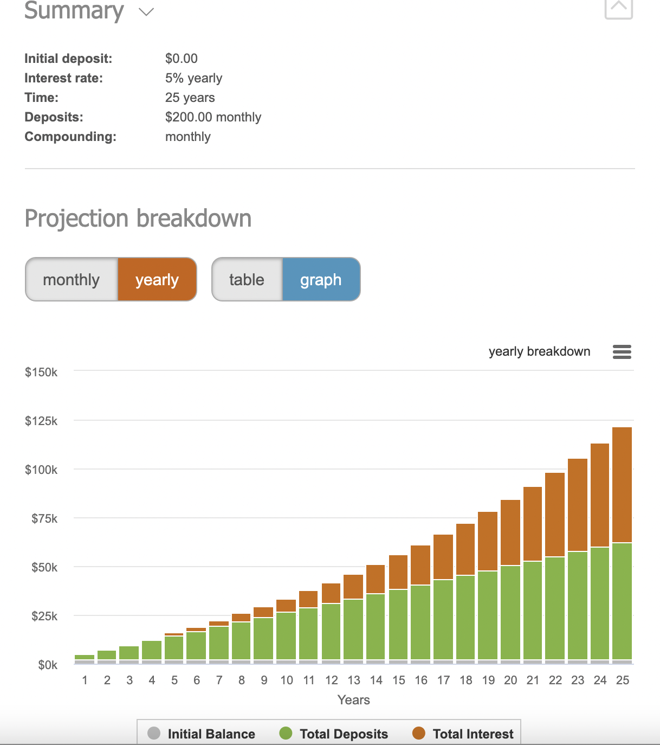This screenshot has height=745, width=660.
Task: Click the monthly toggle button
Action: click(x=72, y=280)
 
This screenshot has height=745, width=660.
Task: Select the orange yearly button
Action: click(x=157, y=280)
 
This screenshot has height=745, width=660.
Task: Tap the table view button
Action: click(x=247, y=280)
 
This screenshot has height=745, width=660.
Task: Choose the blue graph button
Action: click(x=321, y=280)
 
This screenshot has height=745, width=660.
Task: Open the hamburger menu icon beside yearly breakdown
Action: click(x=622, y=352)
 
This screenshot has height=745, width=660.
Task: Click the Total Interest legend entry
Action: click(x=463, y=734)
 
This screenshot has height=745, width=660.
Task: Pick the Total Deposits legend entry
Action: click(x=334, y=734)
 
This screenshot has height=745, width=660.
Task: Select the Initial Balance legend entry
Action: click(x=202, y=734)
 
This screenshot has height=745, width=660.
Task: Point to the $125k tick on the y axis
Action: click(x=41, y=421)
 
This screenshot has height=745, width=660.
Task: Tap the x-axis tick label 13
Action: click(x=354, y=680)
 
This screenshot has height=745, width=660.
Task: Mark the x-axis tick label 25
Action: click(x=623, y=680)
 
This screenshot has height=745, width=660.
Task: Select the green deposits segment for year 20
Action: click(x=510, y=613)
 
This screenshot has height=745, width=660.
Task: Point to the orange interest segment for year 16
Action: click(x=420, y=565)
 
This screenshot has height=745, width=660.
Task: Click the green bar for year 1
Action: click(x=85, y=658)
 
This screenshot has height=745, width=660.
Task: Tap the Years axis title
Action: click(x=353, y=700)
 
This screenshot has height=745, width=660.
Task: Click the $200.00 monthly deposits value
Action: click(x=213, y=117)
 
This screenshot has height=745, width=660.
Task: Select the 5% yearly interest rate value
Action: click(x=193, y=78)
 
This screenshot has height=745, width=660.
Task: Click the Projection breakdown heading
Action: click(x=138, y=219)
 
